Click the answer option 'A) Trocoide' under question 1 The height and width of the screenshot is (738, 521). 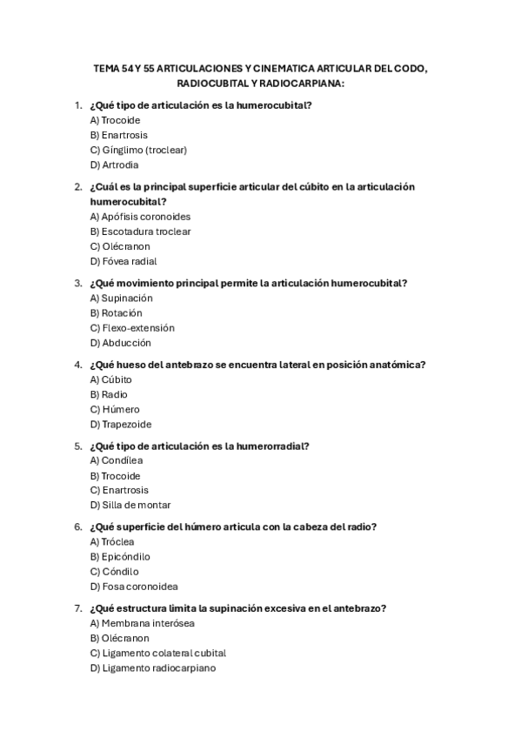point(115,120)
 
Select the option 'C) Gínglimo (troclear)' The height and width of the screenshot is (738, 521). point(138,150)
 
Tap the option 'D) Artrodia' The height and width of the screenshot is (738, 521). point(114,164)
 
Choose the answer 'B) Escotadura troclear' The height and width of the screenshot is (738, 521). point(140,231)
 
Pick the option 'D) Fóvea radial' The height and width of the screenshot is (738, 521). point(124,261)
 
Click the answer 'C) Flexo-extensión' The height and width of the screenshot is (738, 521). point(132,328)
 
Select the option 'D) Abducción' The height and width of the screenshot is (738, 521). point(120,343)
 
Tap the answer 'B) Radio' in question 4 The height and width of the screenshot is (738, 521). point(109,394)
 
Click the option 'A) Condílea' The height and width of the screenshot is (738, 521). point(117,460)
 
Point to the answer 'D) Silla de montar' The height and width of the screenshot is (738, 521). point(130,505)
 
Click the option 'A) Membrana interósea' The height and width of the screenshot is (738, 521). point(142,623)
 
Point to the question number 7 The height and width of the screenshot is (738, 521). point(78,608)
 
